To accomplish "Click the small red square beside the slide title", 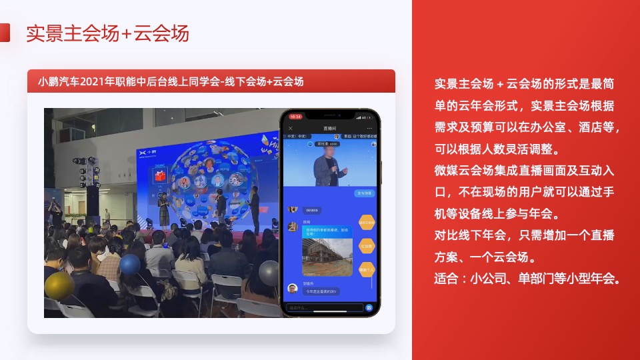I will [5, 33].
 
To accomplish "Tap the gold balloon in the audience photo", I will [59, 285].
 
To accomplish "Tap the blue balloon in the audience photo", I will [130, 265].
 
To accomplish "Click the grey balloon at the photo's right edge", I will [269, 273].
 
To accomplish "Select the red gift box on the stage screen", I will [159, 176].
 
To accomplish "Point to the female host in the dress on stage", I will [163, 210].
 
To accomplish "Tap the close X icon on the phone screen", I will [290, 127].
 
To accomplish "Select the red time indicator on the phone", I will [296, 116].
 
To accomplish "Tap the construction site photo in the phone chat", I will [327, 257].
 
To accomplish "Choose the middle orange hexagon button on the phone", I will [367, 245].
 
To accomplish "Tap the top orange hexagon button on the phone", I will [367, 222].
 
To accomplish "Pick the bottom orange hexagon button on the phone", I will [367, 269].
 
